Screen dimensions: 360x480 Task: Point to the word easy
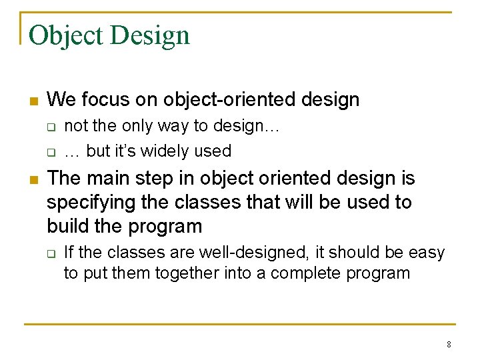click(x=425, y=253)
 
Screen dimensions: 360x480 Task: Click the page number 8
click(x=449, y=345)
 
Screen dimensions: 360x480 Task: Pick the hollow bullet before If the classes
click(x=51, y=253)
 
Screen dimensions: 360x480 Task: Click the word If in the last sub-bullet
click(x=68, y=253)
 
